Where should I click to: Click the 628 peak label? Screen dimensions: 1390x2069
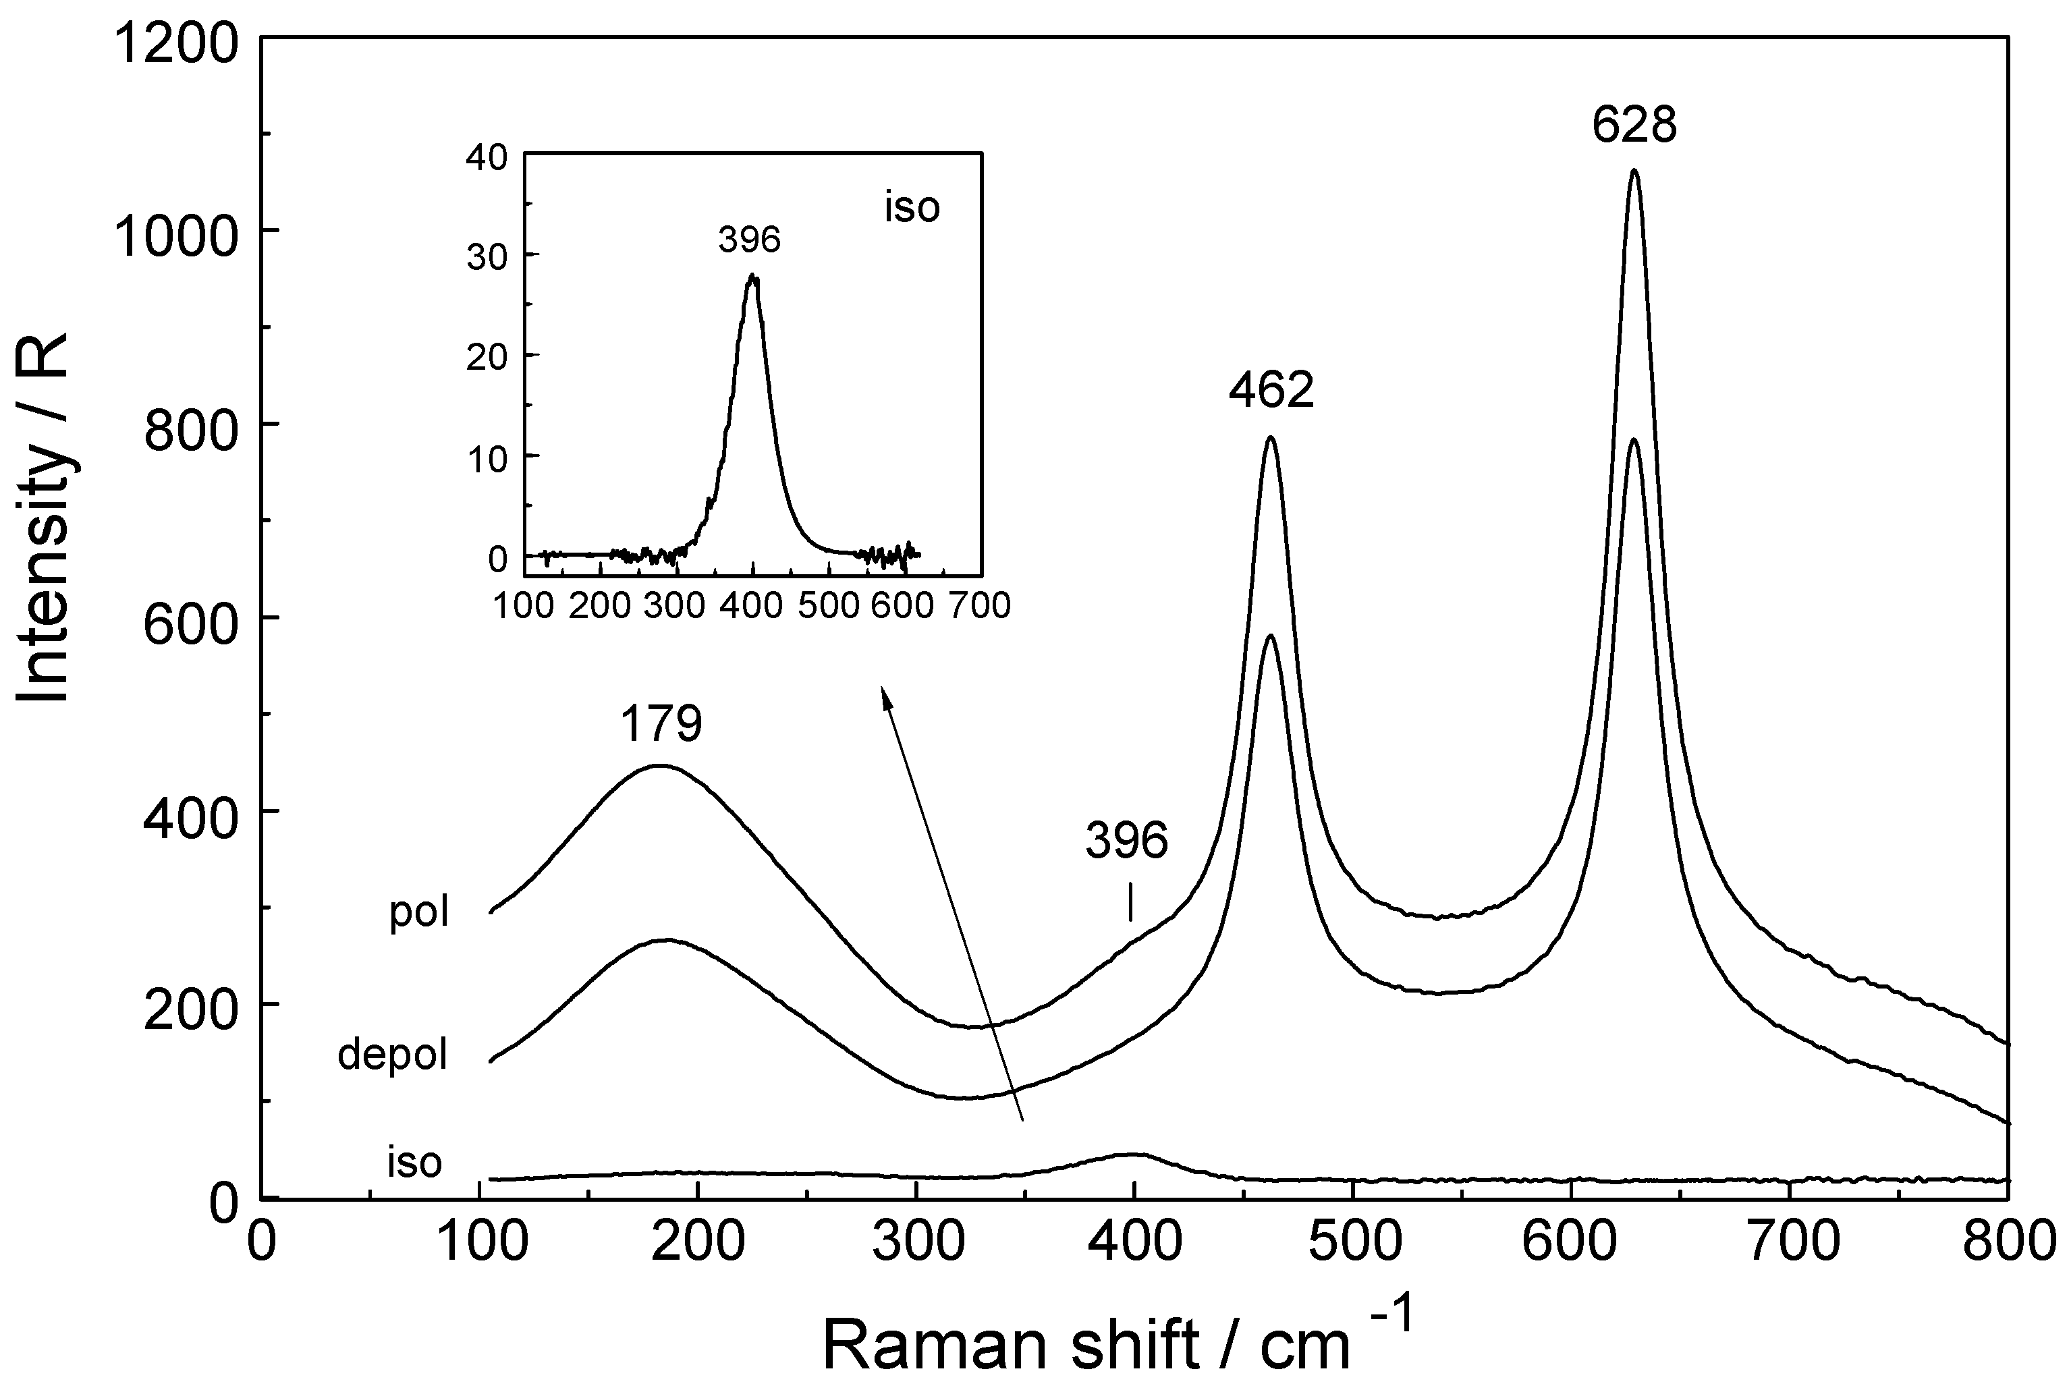click(1634, 126)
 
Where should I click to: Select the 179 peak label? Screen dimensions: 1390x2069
click(661, 723)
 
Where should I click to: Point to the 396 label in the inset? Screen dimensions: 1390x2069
click(749, 240)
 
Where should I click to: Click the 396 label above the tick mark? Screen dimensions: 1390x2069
click(1127, 839)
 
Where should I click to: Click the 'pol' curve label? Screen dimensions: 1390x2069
click(419, 912)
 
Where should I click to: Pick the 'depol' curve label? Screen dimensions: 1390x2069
click(392, 1055)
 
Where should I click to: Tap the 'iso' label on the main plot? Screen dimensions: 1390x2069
click(414, 1162)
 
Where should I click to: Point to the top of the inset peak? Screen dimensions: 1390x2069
click(752, 276)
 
